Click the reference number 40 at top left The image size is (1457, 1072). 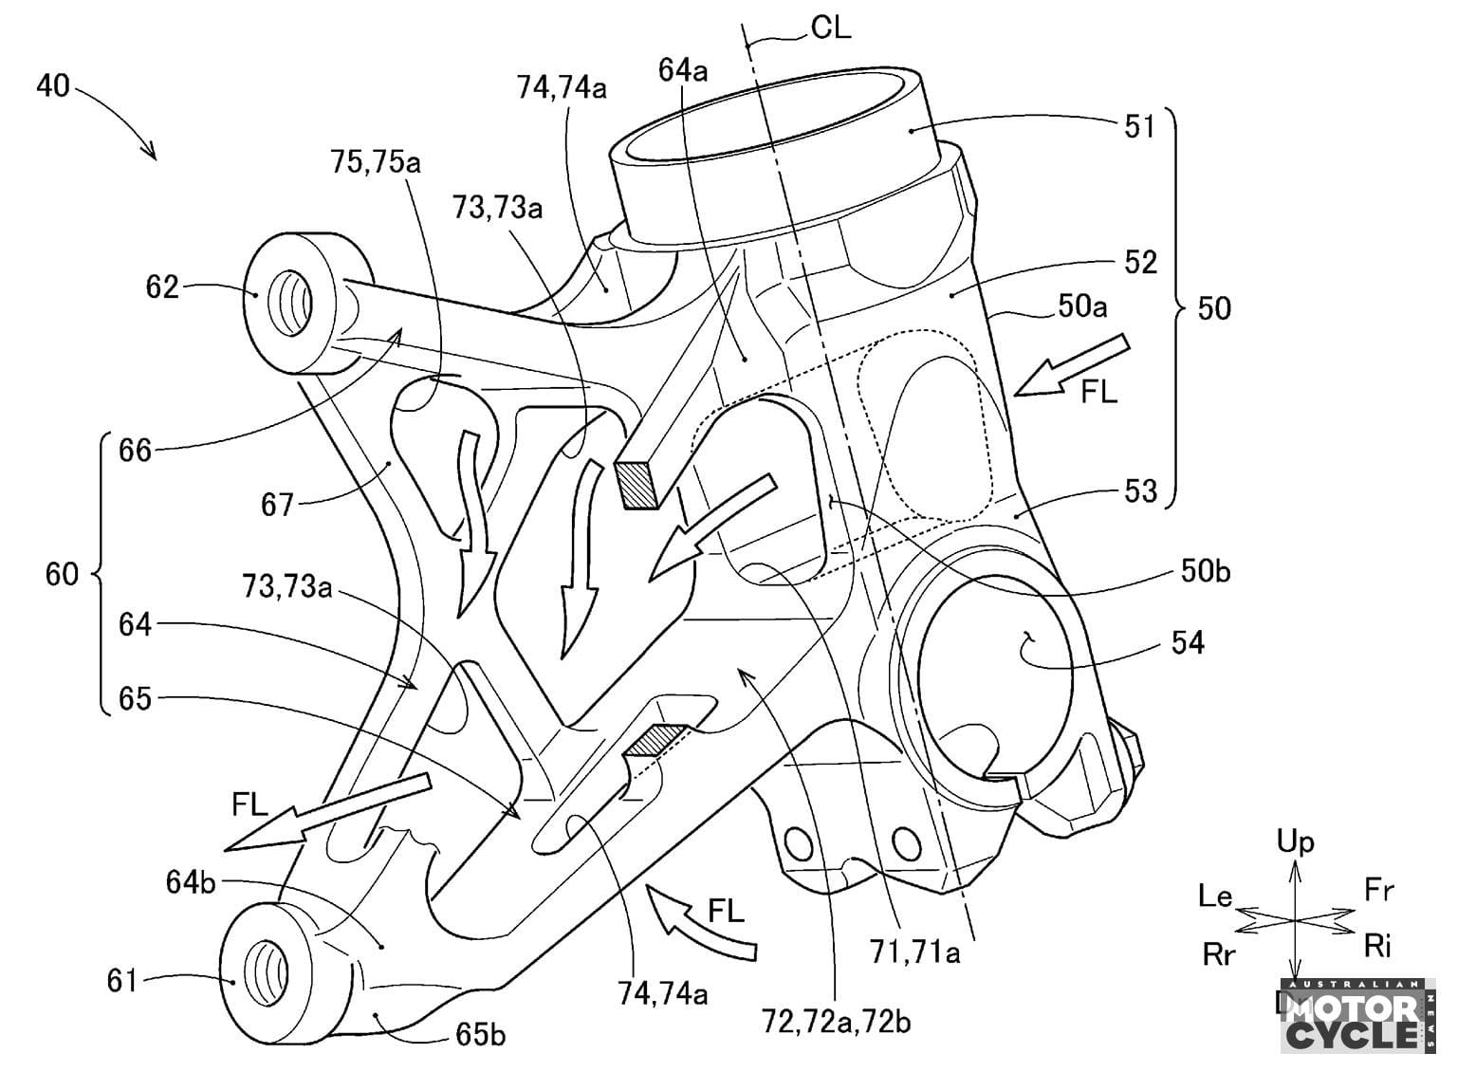tap(53, 85)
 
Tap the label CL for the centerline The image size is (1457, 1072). tap(830, 28)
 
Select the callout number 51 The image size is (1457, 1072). tap(1139, 125)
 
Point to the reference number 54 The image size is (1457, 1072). tap(1187, 643)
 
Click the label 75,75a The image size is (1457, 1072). tap(378, 163)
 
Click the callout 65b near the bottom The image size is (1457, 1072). tap(480, 1034)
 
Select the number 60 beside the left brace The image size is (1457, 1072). tap(63, 574)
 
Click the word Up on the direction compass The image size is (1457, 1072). tap(1295, 841)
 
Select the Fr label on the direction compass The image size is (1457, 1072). tap(1378, 890)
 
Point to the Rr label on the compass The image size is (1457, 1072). tap(1219, 954)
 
